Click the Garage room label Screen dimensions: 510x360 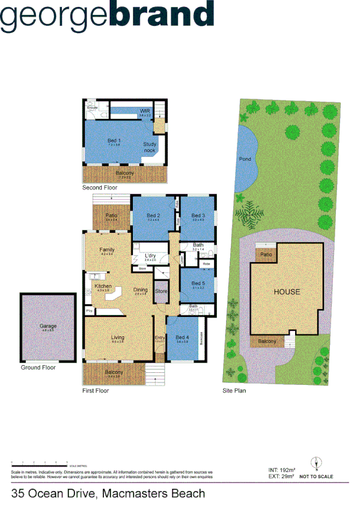[48, 326]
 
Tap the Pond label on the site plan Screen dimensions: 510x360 [245, 159]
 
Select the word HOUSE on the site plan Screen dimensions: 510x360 [287, 292]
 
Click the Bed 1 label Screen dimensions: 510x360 [114, 141]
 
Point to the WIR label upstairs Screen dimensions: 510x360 [144, 111]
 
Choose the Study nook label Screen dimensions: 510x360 [150, 147]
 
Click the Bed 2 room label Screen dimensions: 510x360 [153, 215]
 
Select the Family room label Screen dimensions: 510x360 [107, 250]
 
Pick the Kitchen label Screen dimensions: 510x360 [103, 286]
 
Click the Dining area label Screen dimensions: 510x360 [140, 289]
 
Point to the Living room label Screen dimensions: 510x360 [118, 337]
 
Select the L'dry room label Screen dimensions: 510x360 [150, 256]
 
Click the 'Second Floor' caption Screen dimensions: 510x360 [100, 188]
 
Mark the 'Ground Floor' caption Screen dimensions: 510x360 [38, 367]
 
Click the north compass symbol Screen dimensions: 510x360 [317, 463]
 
